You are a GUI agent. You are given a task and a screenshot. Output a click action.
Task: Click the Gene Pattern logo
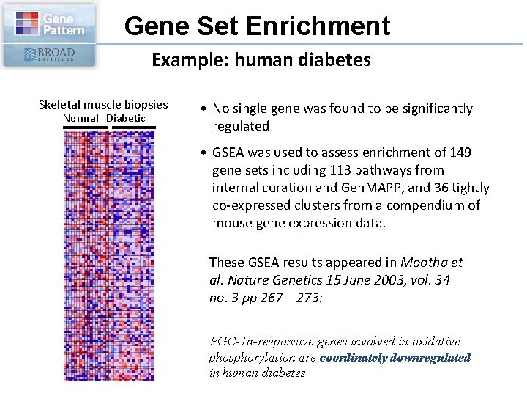tap(49, 23)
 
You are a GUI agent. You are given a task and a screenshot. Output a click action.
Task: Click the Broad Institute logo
tap(49, 55)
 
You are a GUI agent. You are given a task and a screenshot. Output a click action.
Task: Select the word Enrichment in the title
tap(318, 26)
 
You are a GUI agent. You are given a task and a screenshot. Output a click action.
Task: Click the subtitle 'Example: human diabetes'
tap(261, 60)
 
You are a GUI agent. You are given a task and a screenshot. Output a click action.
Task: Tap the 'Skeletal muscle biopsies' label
tap(103, 104)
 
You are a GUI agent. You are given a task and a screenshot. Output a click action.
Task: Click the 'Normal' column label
tap(82, 118)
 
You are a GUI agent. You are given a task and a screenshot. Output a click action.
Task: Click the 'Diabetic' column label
tap(126, 118)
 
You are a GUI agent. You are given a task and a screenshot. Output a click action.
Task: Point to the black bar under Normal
tap(85, 128)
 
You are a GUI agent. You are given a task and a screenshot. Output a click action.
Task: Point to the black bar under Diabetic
tap(134, 128)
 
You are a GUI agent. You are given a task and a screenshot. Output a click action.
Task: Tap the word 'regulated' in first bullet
tap(241, 126)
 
